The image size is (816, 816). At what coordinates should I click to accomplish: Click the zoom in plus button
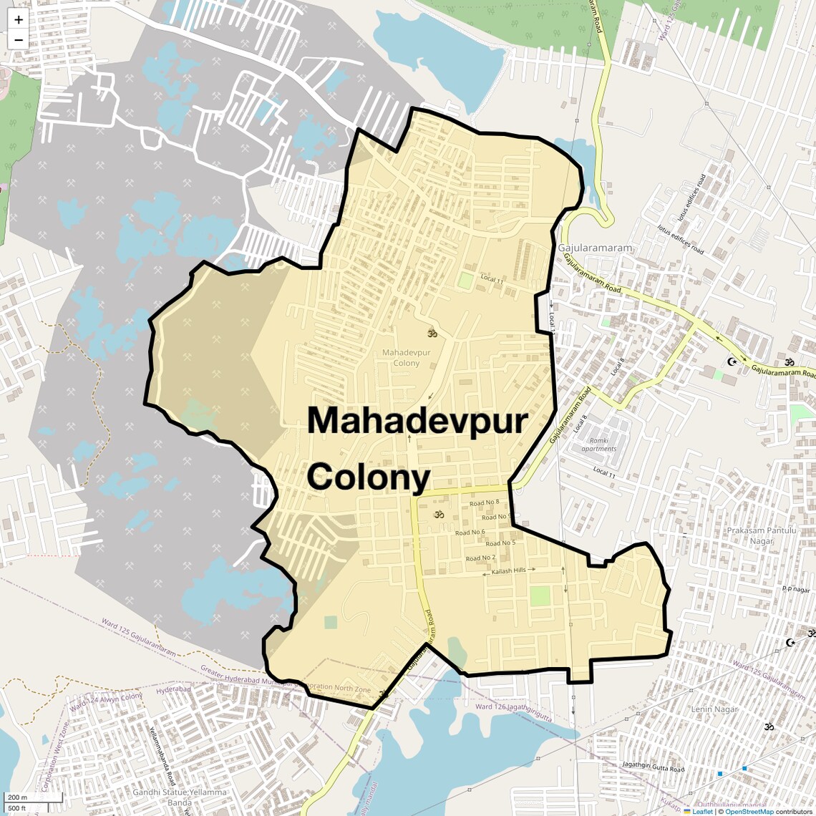pos(19,20)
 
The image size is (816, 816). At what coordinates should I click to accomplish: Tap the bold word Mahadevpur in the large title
pos(417,421)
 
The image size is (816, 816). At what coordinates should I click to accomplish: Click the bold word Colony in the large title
pos(369,477)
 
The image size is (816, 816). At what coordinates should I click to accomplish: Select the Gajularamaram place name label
pos(595,248)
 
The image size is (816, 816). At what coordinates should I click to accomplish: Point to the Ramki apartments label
pos(599,445)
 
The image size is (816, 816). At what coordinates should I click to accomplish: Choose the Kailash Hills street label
pos(509,570)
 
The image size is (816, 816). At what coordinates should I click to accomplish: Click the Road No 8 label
pos(484,503)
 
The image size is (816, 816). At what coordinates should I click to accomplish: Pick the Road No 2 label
pos(480,558)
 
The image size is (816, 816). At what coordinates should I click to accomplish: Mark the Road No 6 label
pos(470,533)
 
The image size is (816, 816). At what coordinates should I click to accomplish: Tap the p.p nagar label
pos(795,589)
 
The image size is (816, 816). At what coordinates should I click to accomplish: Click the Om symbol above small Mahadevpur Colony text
pos(432,333)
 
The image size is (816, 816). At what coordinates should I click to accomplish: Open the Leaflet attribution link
pos(701,811)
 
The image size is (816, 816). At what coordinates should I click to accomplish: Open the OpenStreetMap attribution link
pos(749,811)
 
